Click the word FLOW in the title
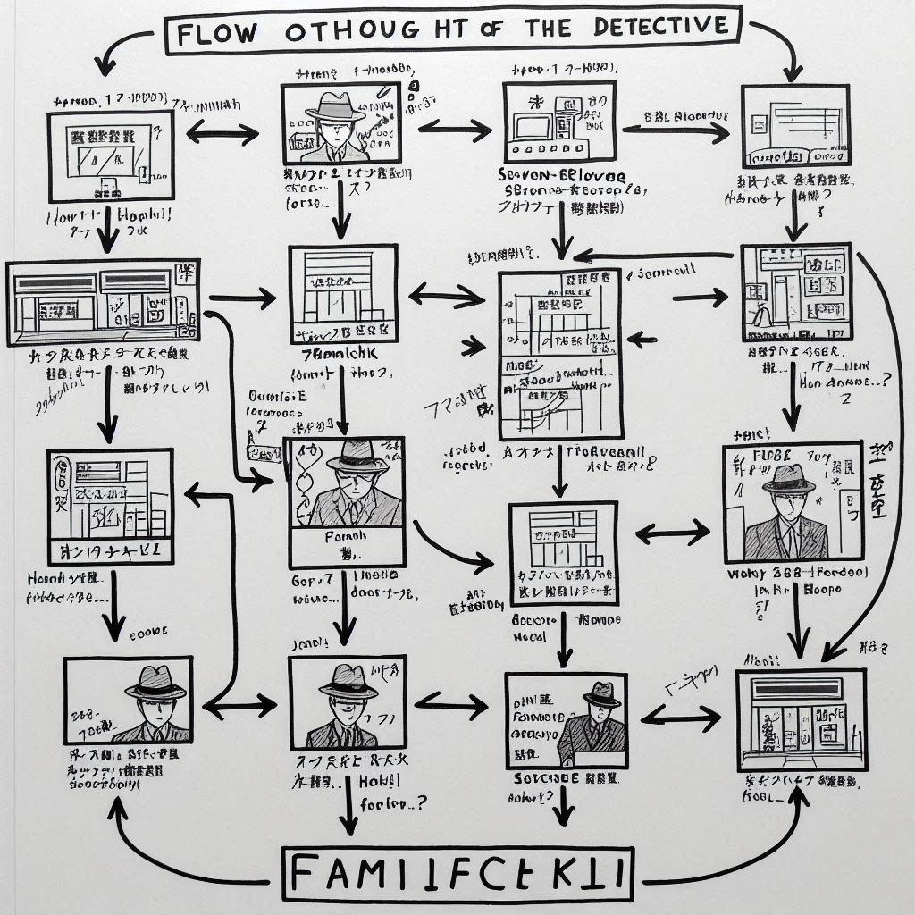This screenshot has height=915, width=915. [218, 34]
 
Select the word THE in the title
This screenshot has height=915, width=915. [546, 29]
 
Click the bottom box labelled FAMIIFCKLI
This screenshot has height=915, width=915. [459, 874]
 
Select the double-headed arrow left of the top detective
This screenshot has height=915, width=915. [221, 134]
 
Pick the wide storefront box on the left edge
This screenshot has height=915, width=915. [102, 304]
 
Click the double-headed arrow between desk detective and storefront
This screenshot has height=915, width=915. [680, 715]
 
